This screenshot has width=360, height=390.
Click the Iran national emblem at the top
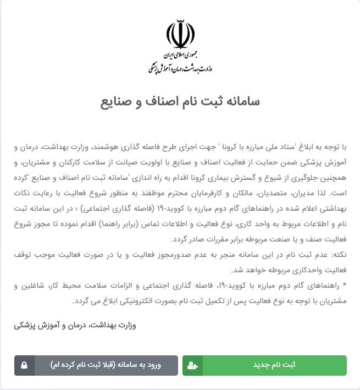click(x=180, y=35)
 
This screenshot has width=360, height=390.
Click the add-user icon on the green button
click(x=193, y=365)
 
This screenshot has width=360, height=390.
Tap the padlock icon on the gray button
click(x=24, y=365)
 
